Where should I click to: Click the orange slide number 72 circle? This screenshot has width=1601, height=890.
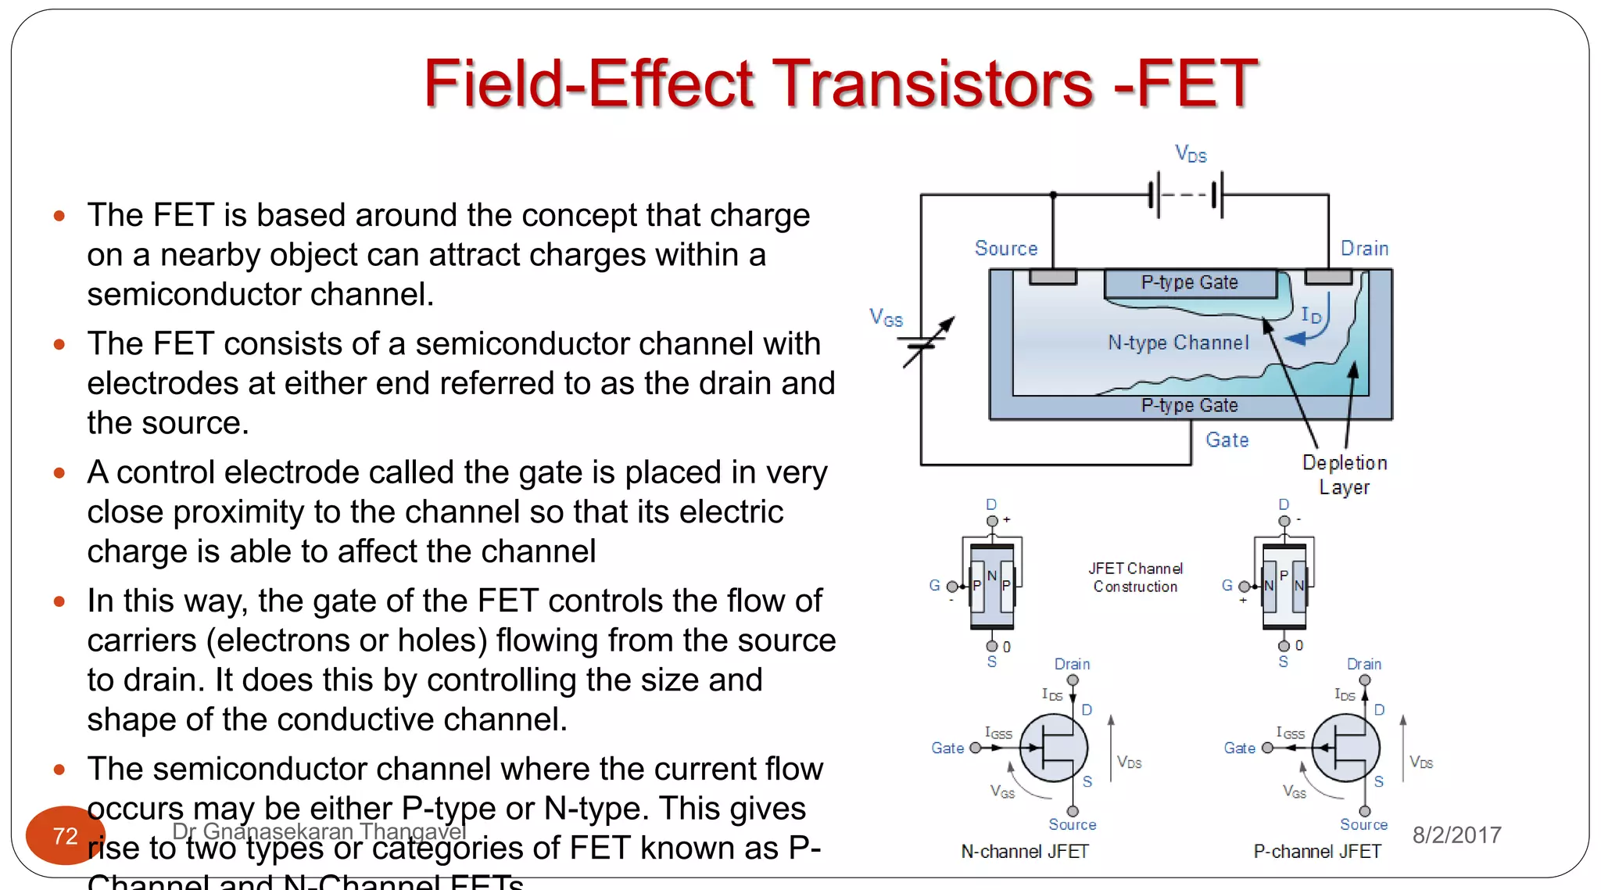[65, 835]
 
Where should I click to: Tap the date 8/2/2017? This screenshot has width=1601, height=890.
[1456, 835]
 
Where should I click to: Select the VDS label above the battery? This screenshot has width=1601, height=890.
[1191, 154]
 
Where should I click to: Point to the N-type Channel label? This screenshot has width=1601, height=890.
[1178, 343]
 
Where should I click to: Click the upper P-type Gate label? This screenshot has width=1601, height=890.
[1189, 282]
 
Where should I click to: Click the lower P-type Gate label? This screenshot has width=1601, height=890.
[1189, 405]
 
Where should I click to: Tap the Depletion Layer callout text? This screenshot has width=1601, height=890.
[1345, 475]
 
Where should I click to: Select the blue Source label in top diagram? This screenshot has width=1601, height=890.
[1006, 249]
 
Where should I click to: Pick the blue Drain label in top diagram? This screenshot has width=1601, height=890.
[1364, 249]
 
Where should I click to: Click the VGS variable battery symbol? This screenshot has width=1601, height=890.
[926, 343]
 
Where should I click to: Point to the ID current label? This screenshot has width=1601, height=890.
[1311, 315]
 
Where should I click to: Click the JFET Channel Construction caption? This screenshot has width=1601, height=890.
[1135, 577]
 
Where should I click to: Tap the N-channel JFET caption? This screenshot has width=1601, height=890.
[1024, 852]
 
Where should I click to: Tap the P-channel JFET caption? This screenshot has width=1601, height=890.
[1317, 852]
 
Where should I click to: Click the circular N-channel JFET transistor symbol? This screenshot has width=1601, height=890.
[1054, 748]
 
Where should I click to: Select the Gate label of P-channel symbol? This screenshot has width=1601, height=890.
[1239, 748]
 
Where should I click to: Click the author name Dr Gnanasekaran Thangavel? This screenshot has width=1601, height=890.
[319, 831]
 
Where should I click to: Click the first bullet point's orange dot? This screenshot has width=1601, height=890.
[59, 216]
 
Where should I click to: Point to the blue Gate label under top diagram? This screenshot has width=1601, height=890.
[1227, 440]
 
